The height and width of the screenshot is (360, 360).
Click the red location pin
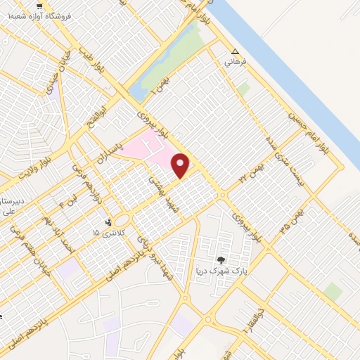(x=181, y=165)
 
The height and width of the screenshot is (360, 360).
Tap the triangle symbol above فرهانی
(x=235, y=52)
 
